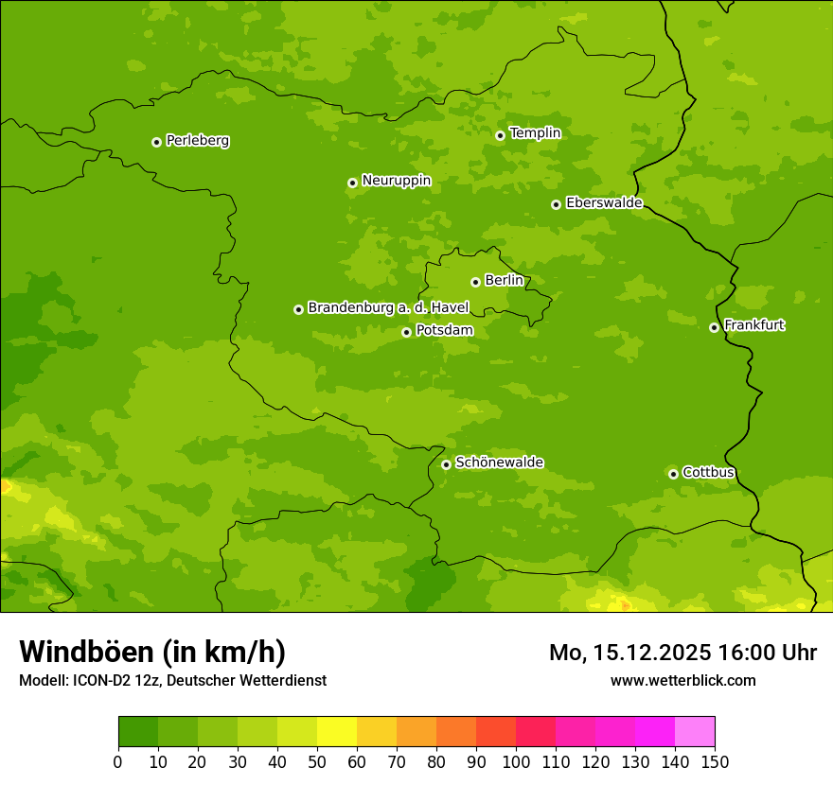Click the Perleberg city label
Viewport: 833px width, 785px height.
point(197,141)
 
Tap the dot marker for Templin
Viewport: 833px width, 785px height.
point(500,135)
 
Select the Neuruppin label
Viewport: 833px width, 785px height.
point(396,181)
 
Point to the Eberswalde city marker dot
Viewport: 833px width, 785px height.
point(556,204)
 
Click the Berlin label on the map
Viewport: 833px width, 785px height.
point(504,281)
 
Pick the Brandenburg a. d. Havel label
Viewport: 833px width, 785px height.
point(388,308)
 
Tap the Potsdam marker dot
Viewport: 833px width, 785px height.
point(406,332)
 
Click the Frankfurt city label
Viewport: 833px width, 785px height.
point(753,325)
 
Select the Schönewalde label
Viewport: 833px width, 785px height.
point(499,462)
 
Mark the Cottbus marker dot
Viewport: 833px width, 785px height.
point(673,474)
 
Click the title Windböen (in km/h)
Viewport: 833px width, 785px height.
point(152,652)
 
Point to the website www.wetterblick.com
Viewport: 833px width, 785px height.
point(682,680)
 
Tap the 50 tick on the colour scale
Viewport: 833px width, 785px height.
point(317,761)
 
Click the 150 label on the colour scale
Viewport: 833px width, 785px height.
point(715,761)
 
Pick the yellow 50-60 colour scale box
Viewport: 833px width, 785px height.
point(337,732)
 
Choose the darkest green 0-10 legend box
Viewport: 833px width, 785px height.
point(138,732)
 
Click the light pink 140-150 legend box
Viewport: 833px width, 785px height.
point(695,732)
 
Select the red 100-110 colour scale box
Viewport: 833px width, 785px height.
point(536,732)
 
